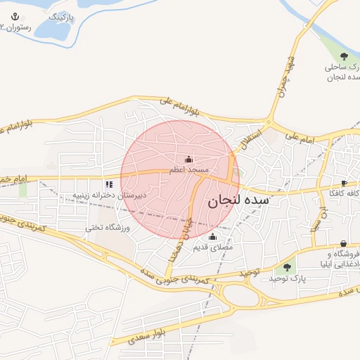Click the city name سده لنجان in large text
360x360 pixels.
pos(238,200)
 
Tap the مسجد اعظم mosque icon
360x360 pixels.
pos(188,159)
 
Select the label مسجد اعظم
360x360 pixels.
pos(188,170)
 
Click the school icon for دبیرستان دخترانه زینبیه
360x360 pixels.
pos(108,184)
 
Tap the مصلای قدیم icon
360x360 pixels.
pos(212,236)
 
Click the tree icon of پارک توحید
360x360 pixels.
pos(286,267)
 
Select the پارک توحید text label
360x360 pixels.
pos(286,279)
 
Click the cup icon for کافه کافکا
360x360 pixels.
pos(343,183)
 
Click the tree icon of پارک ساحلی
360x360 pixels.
pos(344,56)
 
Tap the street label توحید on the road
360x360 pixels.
pos(249,271)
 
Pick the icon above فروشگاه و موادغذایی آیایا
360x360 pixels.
pos(342,243)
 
